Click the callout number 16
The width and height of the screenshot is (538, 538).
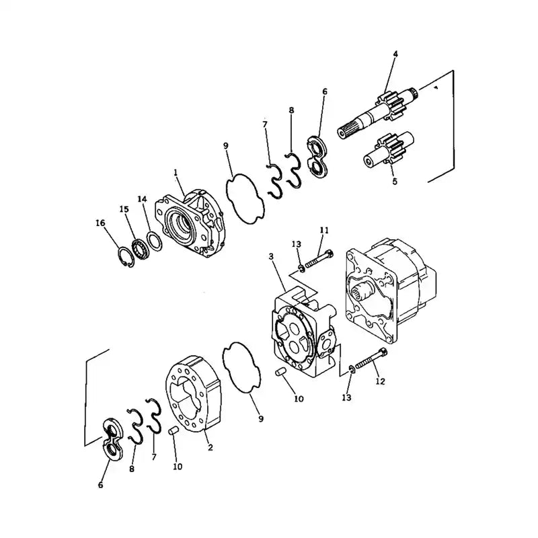pyautogui.click(x=100, y=223)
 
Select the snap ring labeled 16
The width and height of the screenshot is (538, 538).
pyautogui.click(x=124, y=257)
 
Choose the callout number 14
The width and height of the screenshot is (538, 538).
pyautogui.click(x=142, y=199)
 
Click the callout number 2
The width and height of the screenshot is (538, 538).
pyautogui.click(x=210, y=447)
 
